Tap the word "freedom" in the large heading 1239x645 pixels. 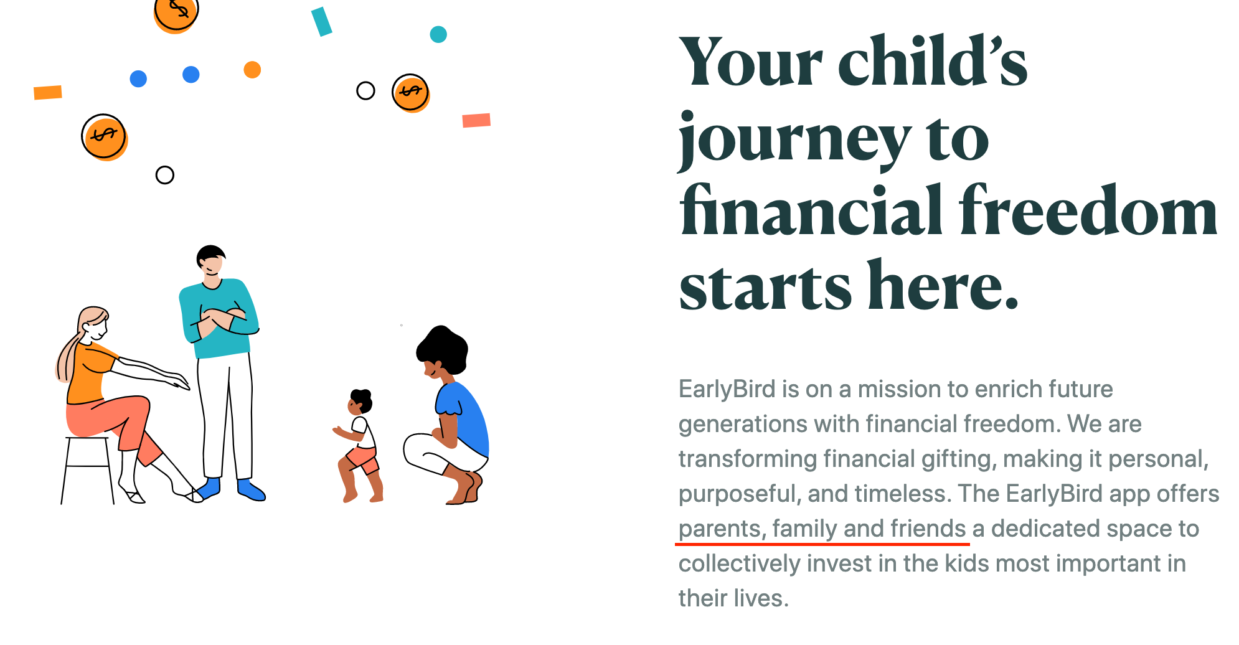click(x=1088, y=212)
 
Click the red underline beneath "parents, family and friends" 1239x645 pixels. click(x=822, y=544)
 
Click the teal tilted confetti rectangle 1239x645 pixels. click(x=322, y=22)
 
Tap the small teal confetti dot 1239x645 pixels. click(x=438, y=34)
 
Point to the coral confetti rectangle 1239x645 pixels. click(x=476, y=120)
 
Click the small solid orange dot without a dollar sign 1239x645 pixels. click(x=252, y=70)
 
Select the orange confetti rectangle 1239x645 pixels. click(x=48, y=93)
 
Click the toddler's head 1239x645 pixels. click(x=359, y=402)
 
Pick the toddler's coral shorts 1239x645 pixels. click(x=362, y=460)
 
